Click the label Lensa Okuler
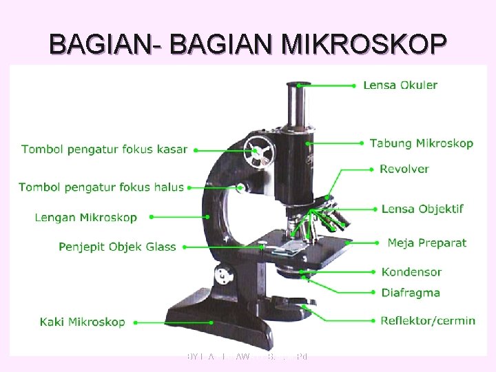(400, 85)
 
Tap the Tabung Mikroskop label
(421, 143)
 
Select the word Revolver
(404, 169)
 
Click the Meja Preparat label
(426, 242)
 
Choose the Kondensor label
(411, 272)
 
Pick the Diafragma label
(411, 293)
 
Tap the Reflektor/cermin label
(428, 320)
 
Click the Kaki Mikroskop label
(82, 322)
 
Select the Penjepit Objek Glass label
(117, 247)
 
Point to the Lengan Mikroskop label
(85, 218)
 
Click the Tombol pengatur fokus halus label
(101, 187)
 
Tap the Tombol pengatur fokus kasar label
(104, 149)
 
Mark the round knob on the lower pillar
(222, 276)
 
